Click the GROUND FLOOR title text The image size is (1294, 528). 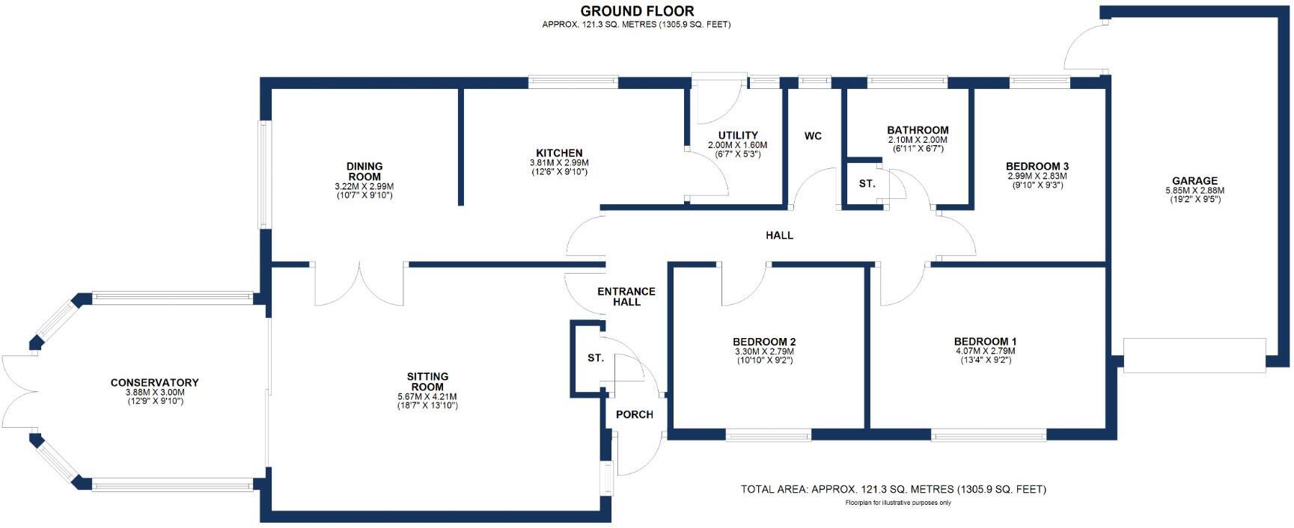pos(637,11)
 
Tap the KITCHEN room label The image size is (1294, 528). pos(559,153)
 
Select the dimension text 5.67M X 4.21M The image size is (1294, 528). pos(427,397)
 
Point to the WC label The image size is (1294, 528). pos(813,136)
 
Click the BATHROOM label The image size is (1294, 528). pos(918,130)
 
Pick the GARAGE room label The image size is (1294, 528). pos(1194,181)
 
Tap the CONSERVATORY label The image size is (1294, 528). pos(155,383)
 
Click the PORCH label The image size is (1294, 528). pos(635,415)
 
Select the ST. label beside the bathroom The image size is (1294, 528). pos(867,183)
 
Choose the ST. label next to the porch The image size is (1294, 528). pos(596,358)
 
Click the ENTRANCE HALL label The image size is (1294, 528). pos(626,297)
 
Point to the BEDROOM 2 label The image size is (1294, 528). pos(764,342)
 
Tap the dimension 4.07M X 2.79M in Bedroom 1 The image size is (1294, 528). pos(986,351)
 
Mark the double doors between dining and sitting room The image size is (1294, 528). pos(360,283)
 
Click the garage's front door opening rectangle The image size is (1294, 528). pos(1194,355)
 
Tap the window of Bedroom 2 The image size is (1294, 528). pos(768,435)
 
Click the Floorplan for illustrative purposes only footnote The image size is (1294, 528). pos(894,503)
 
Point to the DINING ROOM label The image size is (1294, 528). pos(364,171)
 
